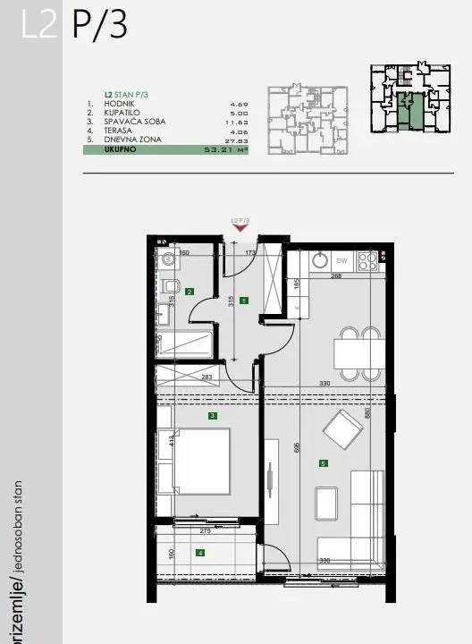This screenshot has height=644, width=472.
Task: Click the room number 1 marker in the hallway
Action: [x=243, y=301]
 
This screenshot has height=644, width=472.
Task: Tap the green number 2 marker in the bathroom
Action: [x=190, y=291]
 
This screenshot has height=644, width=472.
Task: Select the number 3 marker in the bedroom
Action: [x=212, y=416]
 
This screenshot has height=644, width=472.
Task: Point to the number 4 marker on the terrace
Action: [x=201, y=553]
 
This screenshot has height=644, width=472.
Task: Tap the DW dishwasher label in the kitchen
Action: [x=341, y=261]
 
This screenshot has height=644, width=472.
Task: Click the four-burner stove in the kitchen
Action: [x=367, y=261]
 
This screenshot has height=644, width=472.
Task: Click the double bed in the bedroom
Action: [x=195, y=460]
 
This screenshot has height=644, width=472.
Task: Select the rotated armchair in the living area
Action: [x=343, y=432]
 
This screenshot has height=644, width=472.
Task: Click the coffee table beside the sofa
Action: [x=327, y=507]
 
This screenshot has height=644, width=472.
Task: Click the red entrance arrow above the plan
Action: [x=239, y=227]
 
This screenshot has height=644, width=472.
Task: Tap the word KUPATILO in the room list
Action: [x=120, y=114]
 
